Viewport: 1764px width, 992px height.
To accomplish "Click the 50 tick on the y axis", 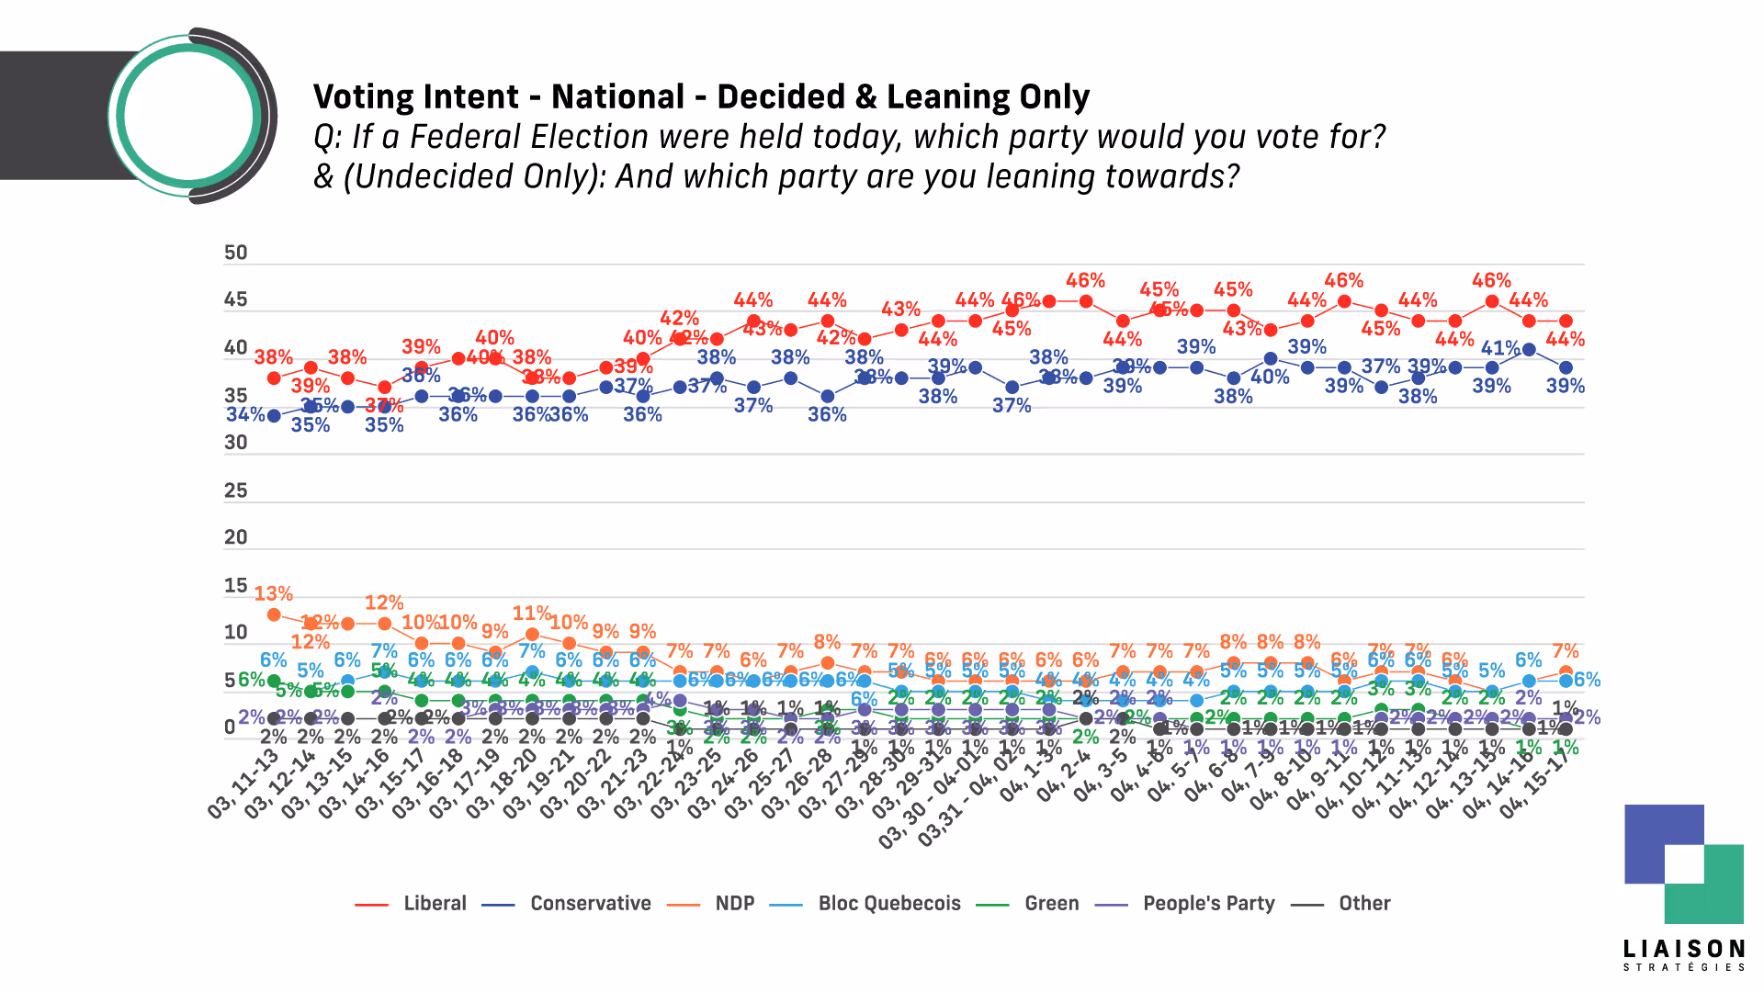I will pyautogui.click(x=236, y=254).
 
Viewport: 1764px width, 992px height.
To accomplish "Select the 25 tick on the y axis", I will pyautogui.click(x=236, y=490).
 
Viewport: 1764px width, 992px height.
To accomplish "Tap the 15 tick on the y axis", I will pyautogui.click(x=236, y=586).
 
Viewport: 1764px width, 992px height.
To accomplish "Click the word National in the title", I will pyautogui.click(x=617, y=97).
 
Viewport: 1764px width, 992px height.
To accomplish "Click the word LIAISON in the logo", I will pyautogui.click(x=1683, y=949).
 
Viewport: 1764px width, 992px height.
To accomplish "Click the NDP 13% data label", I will pyautogui.click(x=274, y=594).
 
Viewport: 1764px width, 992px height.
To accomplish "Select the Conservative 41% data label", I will pyautogui.click(x=1500, y=348).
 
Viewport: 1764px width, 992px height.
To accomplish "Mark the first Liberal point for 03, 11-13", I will pyautogui.click(x=274, y=378).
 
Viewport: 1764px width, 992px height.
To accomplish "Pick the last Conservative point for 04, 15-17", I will pyautogui.click(x=1566, y=367).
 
